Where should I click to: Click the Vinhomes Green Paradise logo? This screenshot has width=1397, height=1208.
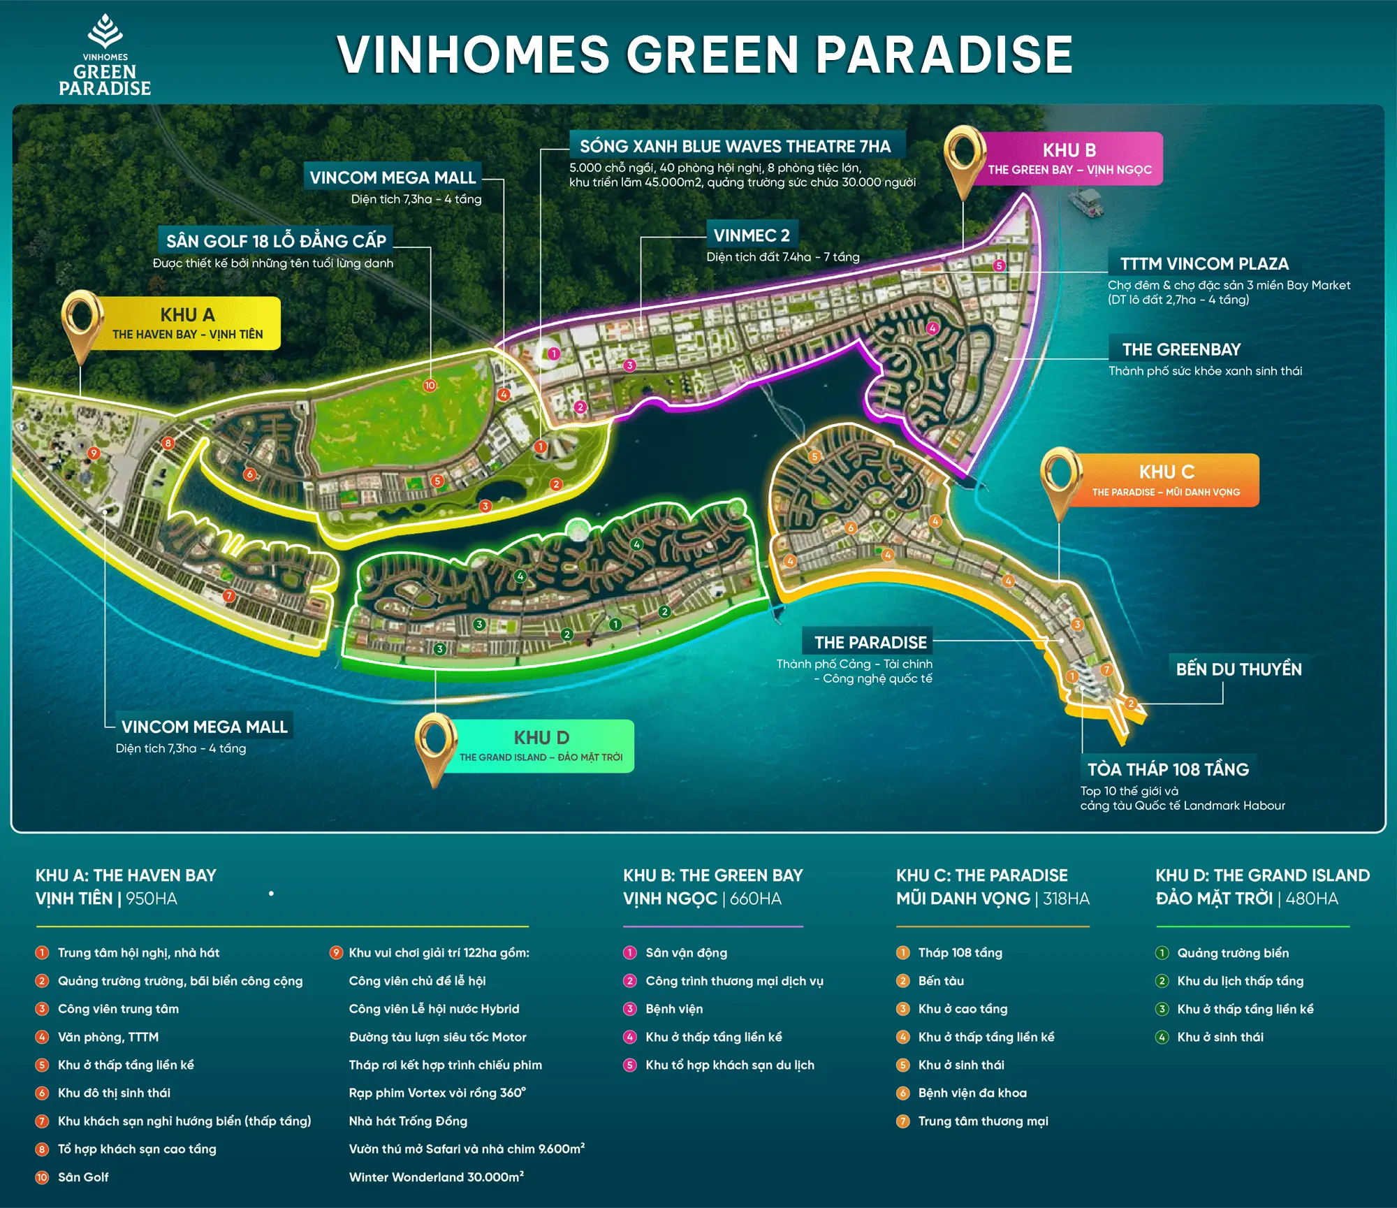[x=105, y=56]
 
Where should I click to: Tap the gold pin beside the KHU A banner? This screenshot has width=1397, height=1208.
[x=82, y=319]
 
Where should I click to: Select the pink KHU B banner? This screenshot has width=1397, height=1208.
[x=1069, y=159]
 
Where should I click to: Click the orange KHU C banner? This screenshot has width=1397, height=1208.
[x=1166, y=481]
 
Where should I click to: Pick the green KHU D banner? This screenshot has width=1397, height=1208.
[x=541, y=746]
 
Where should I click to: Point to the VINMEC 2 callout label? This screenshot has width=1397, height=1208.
[x=752, y=235]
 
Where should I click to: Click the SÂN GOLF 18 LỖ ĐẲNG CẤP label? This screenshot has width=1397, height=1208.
[x=276, y=241]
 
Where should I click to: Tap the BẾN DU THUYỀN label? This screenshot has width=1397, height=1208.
[x=1238, y=669]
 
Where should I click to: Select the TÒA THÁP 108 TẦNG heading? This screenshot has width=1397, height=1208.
[x=1168, y=769]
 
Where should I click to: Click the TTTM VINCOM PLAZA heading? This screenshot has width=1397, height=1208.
[x=1204, y=264]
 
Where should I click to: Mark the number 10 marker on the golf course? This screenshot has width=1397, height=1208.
[x=430, y=386]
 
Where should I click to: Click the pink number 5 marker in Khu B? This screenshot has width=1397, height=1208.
[x=1000, y=265]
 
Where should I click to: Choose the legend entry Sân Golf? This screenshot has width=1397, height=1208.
[x=83, y=1177]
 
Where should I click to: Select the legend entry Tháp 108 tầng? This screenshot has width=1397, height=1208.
[x=960, y=953]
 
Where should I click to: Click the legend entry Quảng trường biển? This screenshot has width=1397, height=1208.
[x=1233, y=953]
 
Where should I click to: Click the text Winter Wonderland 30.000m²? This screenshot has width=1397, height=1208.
[x=437, y=1177]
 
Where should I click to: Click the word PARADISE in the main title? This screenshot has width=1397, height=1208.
[x=944, y=54]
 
